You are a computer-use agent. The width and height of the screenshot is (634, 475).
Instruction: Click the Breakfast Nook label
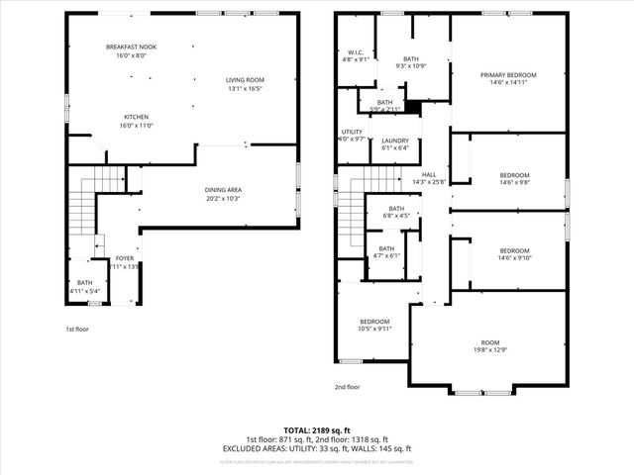point(131,47)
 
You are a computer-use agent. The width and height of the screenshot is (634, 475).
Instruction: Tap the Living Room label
point(245,80)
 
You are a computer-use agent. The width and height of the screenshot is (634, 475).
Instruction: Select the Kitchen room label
point(137,116)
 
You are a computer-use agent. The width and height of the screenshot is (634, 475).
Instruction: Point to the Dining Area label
point(223,190)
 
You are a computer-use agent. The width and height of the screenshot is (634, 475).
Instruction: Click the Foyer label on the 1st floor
point(124,258)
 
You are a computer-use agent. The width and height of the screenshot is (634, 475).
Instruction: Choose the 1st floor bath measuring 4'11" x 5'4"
point(85,283)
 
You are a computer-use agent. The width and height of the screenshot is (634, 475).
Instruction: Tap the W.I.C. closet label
point(355,52)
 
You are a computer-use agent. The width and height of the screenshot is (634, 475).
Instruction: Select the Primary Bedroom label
point(508,75)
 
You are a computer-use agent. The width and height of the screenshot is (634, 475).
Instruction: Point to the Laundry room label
point(395,141)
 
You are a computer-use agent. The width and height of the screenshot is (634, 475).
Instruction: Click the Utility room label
point(352,133)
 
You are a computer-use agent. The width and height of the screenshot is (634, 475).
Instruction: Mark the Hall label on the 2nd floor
point(429,175)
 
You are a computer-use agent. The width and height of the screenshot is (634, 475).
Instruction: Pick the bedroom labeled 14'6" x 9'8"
point(514,175)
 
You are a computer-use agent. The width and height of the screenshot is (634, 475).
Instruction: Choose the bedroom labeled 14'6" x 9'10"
point(514,250)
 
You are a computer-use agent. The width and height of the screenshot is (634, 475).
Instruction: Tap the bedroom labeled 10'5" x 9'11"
point(373,322)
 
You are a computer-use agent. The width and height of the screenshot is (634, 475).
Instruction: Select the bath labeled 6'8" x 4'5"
point(396,209)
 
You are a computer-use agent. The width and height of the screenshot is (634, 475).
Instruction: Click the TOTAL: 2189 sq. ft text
point(316,430)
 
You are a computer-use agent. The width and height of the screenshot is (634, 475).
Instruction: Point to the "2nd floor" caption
point(348,387)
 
